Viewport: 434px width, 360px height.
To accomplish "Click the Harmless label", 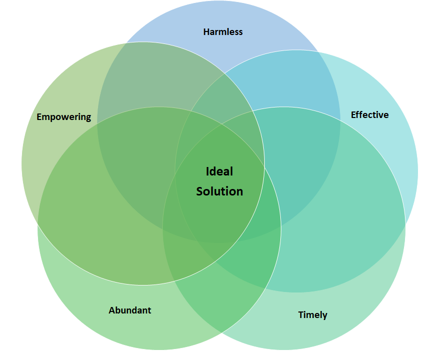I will (223, 32).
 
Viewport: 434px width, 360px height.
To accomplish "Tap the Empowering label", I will (64, 117).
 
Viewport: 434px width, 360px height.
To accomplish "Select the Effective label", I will (369, 115).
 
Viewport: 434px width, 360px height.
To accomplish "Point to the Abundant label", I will (130, 310).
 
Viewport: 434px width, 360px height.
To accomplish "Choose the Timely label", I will (312, 315).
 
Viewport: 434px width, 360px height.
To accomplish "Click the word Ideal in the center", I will (220, 171).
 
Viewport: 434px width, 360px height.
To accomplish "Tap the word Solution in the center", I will (220, 191).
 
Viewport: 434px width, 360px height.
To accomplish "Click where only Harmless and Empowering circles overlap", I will (150, 75).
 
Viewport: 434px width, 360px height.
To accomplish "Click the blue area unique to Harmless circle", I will (220, 50).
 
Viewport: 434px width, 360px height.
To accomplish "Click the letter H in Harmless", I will (206, 32).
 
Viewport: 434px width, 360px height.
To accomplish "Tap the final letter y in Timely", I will (325, 316).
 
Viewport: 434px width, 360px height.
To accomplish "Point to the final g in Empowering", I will (88, 118).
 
